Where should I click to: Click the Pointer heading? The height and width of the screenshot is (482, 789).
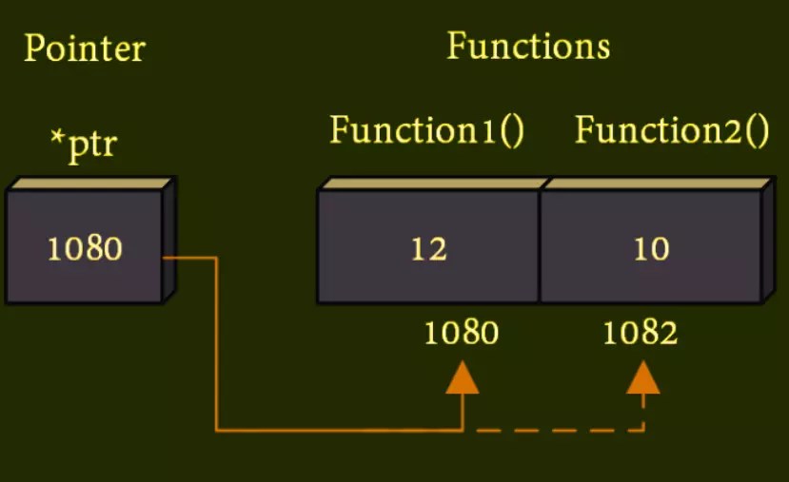pos(84,48)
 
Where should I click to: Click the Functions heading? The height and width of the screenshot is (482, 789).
pos(528,46)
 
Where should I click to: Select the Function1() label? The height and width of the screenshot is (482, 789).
pos(427,130)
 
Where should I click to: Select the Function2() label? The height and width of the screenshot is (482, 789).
pos(672,130)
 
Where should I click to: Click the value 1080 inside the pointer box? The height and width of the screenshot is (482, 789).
pos(85,249)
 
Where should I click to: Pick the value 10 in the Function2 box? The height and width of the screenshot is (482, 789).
pos(651,249)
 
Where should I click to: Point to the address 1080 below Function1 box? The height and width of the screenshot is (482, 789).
pos(462,333)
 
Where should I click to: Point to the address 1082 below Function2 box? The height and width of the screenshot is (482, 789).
pos(641,333)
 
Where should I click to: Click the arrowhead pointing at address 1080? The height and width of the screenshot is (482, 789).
pos(463,377)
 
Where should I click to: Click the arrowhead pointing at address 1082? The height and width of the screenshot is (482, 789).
pos(643,377)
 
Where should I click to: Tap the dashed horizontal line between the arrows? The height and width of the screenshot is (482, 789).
pos(552,431)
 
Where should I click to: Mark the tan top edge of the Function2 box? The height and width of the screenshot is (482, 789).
pos(657,183)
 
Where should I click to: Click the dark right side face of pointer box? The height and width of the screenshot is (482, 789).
pos(170,242)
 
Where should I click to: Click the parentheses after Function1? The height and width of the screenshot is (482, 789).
pos(513,130)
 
